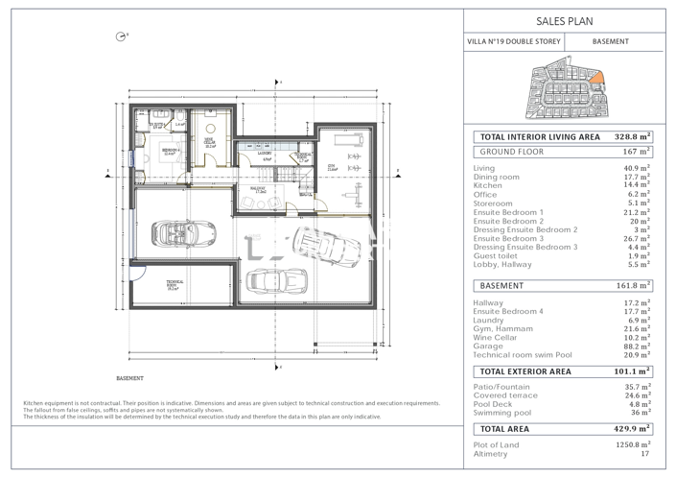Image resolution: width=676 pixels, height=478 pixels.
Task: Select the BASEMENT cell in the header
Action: click(x=611, y=42)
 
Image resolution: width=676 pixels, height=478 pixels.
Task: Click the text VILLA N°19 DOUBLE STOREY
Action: click(x=513, y=42)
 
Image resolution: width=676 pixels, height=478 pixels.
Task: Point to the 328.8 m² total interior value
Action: click(x=632, y=137)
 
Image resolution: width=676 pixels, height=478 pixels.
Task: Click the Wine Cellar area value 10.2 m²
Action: click(x=637, y=338)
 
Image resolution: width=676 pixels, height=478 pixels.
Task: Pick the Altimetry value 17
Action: click(x=645, y=454)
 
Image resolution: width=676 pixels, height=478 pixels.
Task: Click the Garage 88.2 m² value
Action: click(x=637, y=347)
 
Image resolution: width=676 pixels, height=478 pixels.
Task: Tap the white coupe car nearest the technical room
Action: click(x=275, y=280)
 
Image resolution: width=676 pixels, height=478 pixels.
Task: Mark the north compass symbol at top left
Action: click(x=120, y=36)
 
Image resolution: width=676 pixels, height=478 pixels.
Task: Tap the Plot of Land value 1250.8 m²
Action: click(x=632, y=445)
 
